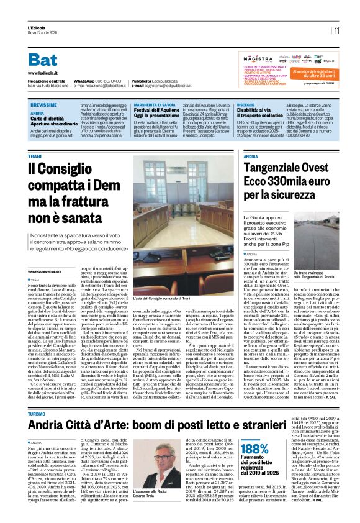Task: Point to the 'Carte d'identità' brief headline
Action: coord(49,119)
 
